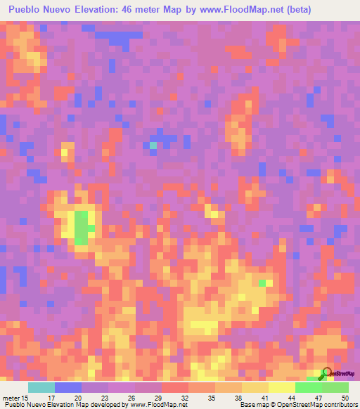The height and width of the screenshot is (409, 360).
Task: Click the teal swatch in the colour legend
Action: (41, 387)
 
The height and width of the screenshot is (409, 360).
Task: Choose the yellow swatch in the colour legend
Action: (282, 387)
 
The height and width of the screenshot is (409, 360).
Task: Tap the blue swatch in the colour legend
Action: (68, 387)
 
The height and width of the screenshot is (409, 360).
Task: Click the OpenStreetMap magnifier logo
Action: (328, 372)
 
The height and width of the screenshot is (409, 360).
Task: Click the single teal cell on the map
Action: (153, 145)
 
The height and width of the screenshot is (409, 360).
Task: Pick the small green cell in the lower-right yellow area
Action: (262, 283)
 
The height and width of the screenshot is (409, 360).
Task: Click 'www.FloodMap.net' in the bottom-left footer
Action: (150, 405)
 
